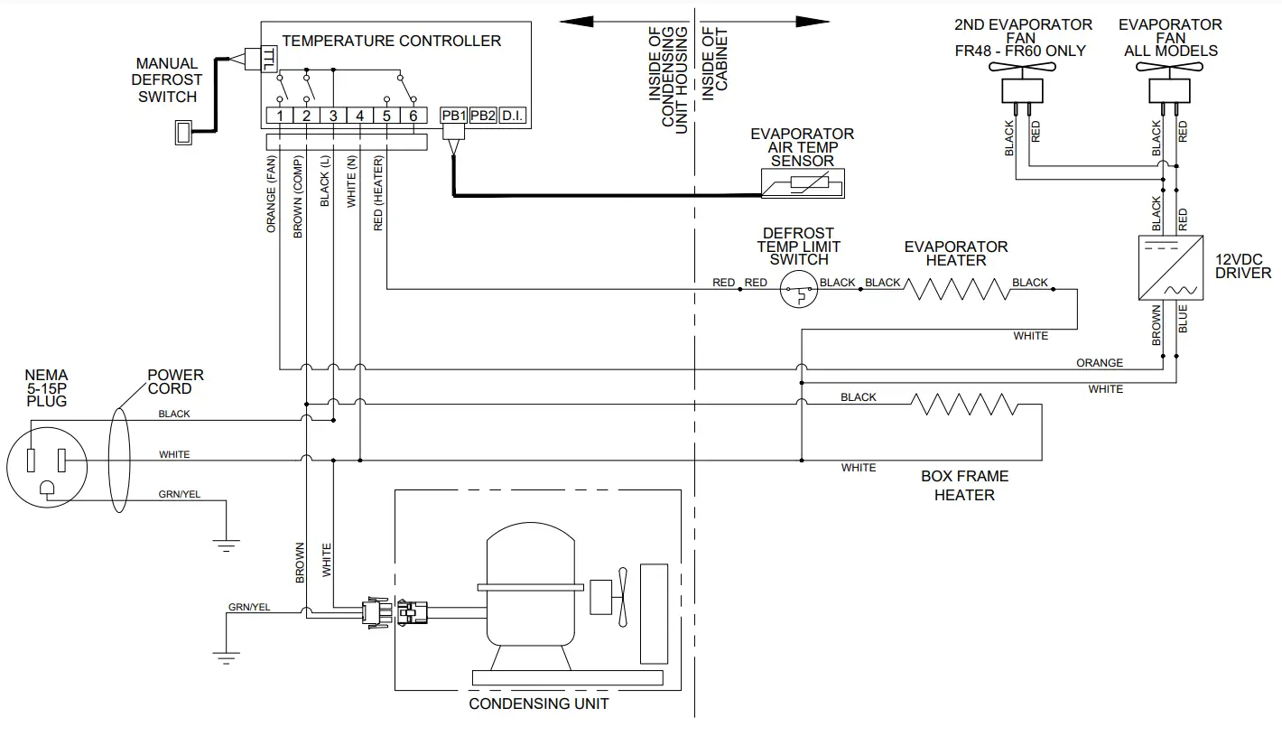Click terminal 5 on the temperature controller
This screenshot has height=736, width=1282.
pyautogui.click(x=386, y=116)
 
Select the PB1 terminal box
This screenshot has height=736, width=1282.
pyautogui.click(x=453, y=116)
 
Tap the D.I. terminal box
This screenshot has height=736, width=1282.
pyautogui.click(x=513, y=116)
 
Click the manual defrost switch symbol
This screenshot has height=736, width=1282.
pyautogui.click(x=184, y=133)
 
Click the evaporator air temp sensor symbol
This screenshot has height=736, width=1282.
pyautogui.click(x=802, y=187)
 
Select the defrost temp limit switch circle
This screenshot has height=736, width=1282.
pyautogui.click(x=799, y=290)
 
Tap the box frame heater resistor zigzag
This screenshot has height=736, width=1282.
pyautogui.click(x=966, y=405)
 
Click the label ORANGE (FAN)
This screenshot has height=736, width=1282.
pyautogui.click(x=272, y=194)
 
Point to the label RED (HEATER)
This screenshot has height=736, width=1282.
pyautogui.click(x=378, y=193)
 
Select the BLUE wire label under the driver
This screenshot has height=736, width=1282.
pyautogui.click(x=1183, y=320)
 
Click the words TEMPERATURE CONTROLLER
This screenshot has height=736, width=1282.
pyautogui.click(x=391, y=41)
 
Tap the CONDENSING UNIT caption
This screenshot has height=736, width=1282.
pyautogui.click(x=539, y=703)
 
